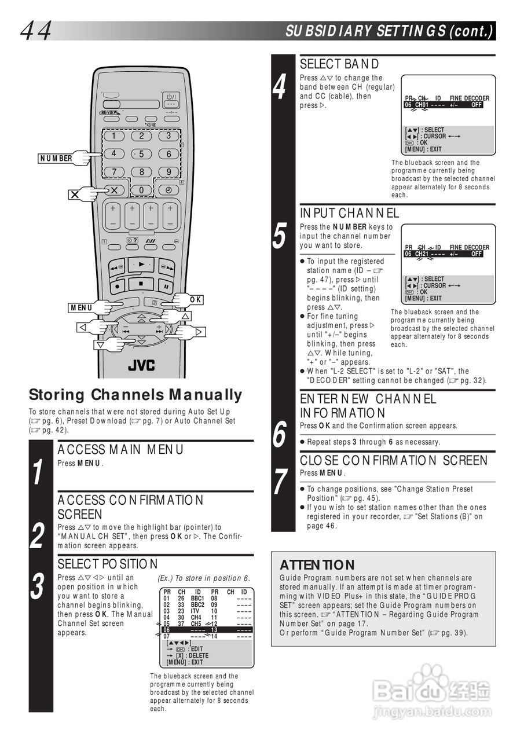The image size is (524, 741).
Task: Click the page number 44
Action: click(x=36, y=31)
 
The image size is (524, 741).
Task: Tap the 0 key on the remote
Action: click(x=141, y=190)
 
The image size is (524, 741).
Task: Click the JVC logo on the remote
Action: click(x=142, y=365)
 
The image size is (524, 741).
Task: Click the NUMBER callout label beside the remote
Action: click(x=56, y=159)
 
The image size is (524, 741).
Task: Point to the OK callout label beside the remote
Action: click(x=195, y=300)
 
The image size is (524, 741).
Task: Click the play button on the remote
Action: click(x=141, y=264)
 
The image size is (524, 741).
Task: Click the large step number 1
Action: click(x=38, y=471)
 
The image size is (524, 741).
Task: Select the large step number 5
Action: click(x=280, y=236)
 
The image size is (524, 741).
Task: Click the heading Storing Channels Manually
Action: click(x=135, y=395)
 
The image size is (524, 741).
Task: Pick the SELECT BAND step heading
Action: click(x=339, y=64)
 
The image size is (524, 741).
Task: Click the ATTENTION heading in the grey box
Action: click(x=317, y=564)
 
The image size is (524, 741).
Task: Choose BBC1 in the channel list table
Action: click(x=197, y=598)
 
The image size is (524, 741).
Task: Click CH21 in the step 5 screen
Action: click(x=422, y=254)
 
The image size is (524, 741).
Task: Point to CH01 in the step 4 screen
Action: click(x=422, y=105)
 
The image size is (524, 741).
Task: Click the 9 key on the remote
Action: click(x=168, y=172)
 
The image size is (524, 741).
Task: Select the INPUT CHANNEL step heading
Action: click(x=349, y=213)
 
